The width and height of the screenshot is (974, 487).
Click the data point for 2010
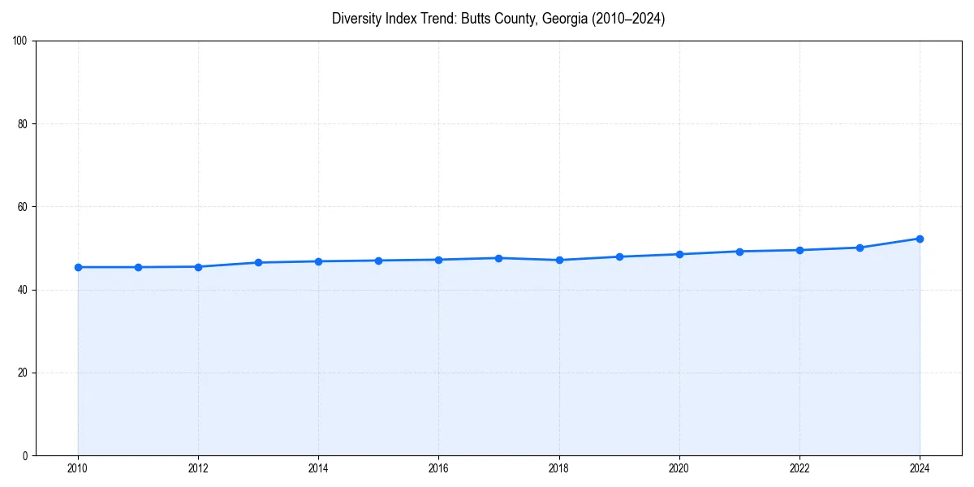click(78, 267)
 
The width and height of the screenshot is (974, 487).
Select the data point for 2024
click(920, 239)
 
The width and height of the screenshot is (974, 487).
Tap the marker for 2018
click(559, 260)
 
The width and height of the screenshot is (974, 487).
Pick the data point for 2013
click(258, 262)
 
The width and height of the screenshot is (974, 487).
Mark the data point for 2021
click(739, 252)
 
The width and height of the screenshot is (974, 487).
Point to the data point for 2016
click(438, 260)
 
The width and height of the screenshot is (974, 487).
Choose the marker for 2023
click(860, 248)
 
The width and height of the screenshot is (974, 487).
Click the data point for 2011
click(138, 267)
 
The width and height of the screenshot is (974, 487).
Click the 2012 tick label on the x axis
click(198, 468)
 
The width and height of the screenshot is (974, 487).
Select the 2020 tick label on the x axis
click(679, 468)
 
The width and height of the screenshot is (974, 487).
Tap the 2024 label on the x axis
click(920, 468)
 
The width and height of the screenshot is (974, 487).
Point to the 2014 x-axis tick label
click(318, 468)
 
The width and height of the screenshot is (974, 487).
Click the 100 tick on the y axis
click(20, 41)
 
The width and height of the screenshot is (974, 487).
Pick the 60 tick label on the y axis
click(23, 207)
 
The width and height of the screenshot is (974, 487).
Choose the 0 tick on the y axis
click(25, 455)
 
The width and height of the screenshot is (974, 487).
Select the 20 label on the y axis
click(23, 373)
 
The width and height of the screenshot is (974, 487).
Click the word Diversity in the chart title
click(356, 19)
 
